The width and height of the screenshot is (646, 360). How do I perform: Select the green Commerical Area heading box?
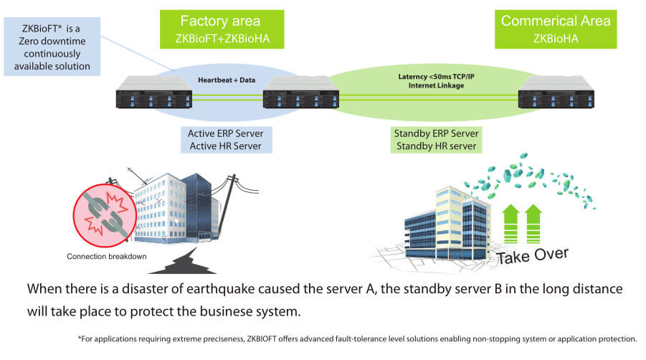click(556, 29)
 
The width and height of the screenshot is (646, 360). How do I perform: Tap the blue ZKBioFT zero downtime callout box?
click(52, 46)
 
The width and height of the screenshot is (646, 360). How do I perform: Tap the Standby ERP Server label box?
click(436, 140)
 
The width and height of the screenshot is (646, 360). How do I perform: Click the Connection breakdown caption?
click(107, 256)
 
